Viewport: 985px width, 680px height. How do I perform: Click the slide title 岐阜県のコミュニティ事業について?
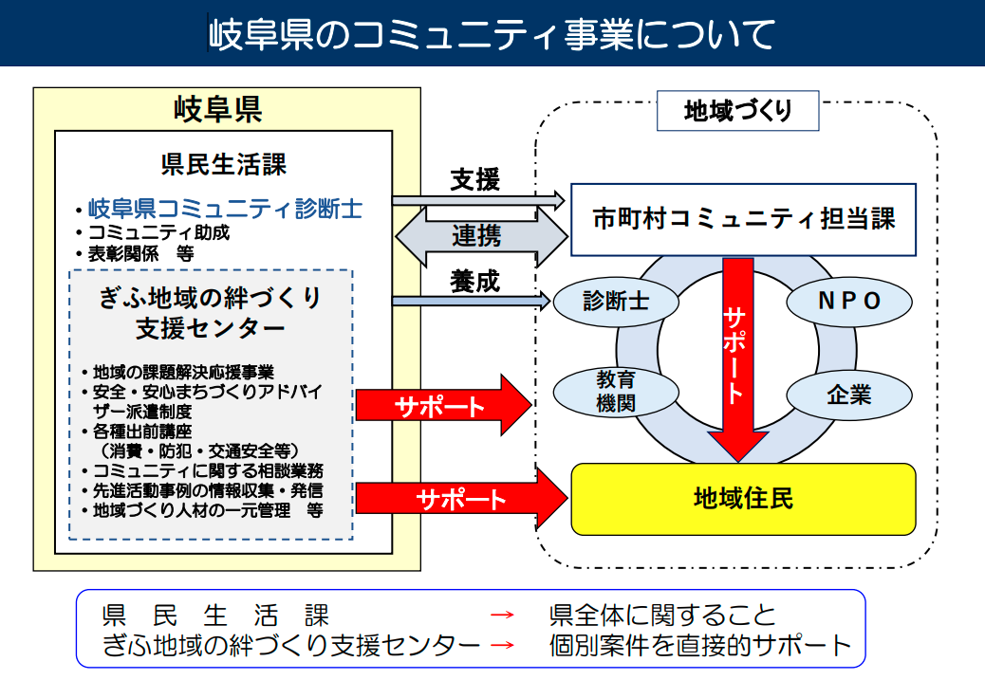(492, 34)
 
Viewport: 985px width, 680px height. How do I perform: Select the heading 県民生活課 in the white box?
(224, 164)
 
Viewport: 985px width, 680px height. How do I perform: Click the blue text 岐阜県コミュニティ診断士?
(225, 208)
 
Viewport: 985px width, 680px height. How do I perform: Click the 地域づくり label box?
(737, 112)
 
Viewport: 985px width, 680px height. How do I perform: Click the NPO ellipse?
(849, 301)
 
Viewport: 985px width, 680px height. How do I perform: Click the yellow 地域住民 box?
(743, 499)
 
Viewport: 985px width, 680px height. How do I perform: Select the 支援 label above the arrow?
(474, 178)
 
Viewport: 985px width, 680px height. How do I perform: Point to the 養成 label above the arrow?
(474, 282)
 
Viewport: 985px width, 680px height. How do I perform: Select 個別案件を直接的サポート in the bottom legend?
(700, 646)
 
